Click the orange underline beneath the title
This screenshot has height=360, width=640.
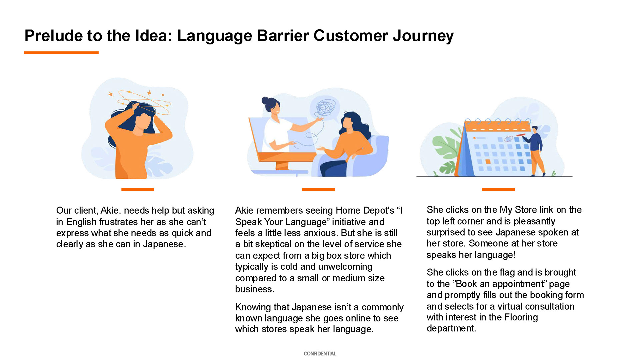61,53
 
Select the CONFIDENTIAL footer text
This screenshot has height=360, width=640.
320,353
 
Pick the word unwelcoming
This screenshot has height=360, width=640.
345,267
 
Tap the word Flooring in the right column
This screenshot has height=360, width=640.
521,317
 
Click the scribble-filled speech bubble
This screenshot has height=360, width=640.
324,107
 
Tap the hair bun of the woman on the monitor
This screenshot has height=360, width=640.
265,100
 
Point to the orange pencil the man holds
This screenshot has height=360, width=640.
520,135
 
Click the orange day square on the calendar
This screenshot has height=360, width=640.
488,162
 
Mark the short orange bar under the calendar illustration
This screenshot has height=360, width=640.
498,189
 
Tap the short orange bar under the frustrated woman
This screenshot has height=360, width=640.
138,189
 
